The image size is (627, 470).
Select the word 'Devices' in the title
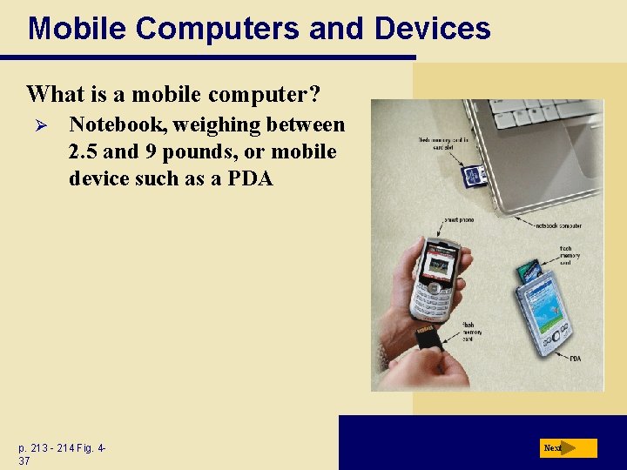point(432,28)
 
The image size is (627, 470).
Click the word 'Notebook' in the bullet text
point(116,125)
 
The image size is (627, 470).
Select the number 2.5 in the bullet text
point(84,151)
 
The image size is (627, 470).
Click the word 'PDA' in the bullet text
point(248,178)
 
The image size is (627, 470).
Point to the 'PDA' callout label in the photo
point(575,358)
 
